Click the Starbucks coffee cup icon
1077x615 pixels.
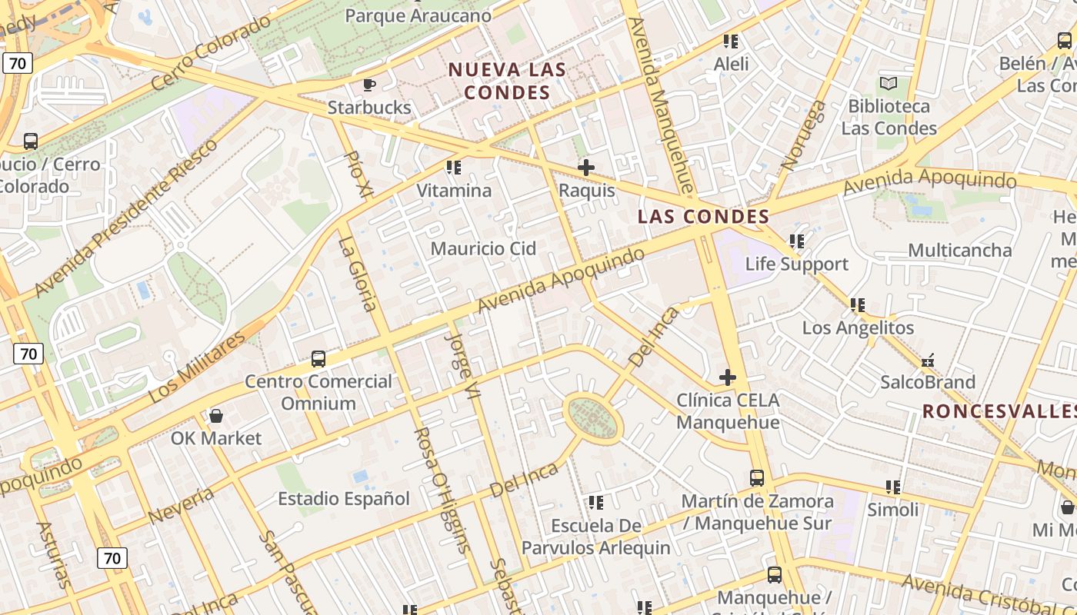tap(368, 85)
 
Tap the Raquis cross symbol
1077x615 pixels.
tap(586, 167)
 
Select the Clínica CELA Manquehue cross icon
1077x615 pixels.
tap(727, 377)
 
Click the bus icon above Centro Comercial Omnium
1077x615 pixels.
tap(318, 358)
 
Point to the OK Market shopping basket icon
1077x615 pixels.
tap(216, 416)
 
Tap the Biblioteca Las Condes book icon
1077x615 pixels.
tap(889, 83)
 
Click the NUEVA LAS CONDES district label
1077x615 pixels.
tap(508, 81)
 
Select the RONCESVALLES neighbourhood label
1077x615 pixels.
tap(999, 411)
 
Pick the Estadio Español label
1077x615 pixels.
tap(344, 499)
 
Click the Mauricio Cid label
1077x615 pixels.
tap(483, 248)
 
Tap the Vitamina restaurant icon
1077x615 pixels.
tap(454, 167)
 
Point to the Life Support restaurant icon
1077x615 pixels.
tap(797, 241)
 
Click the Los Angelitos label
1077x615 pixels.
tap(858, 328)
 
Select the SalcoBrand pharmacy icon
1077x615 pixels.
tap(928, 360)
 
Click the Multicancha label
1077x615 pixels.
tap(959, 251)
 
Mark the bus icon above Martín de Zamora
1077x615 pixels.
tap(756, 478)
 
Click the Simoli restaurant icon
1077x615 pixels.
tap(892, 487)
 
